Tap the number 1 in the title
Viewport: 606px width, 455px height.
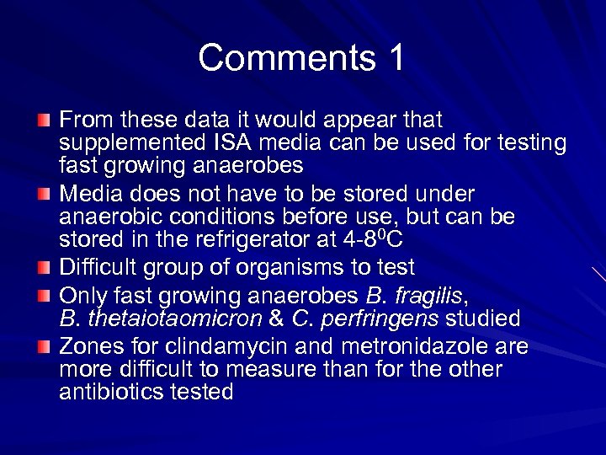pyautogui.click(x=395, y=57)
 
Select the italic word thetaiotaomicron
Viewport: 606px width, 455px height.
pyautogui.click(x=173, y=318)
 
